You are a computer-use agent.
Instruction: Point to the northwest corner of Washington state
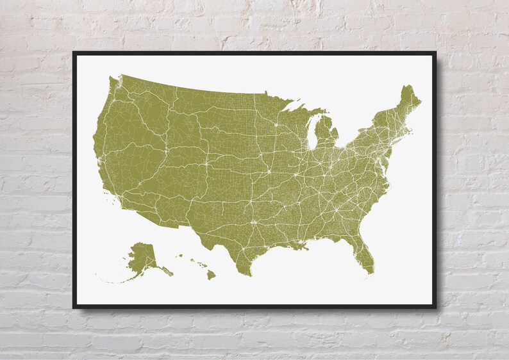coord(111,79)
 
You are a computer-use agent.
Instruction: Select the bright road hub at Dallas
coord(254,222)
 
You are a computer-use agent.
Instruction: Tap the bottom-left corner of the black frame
coord(74,307)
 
